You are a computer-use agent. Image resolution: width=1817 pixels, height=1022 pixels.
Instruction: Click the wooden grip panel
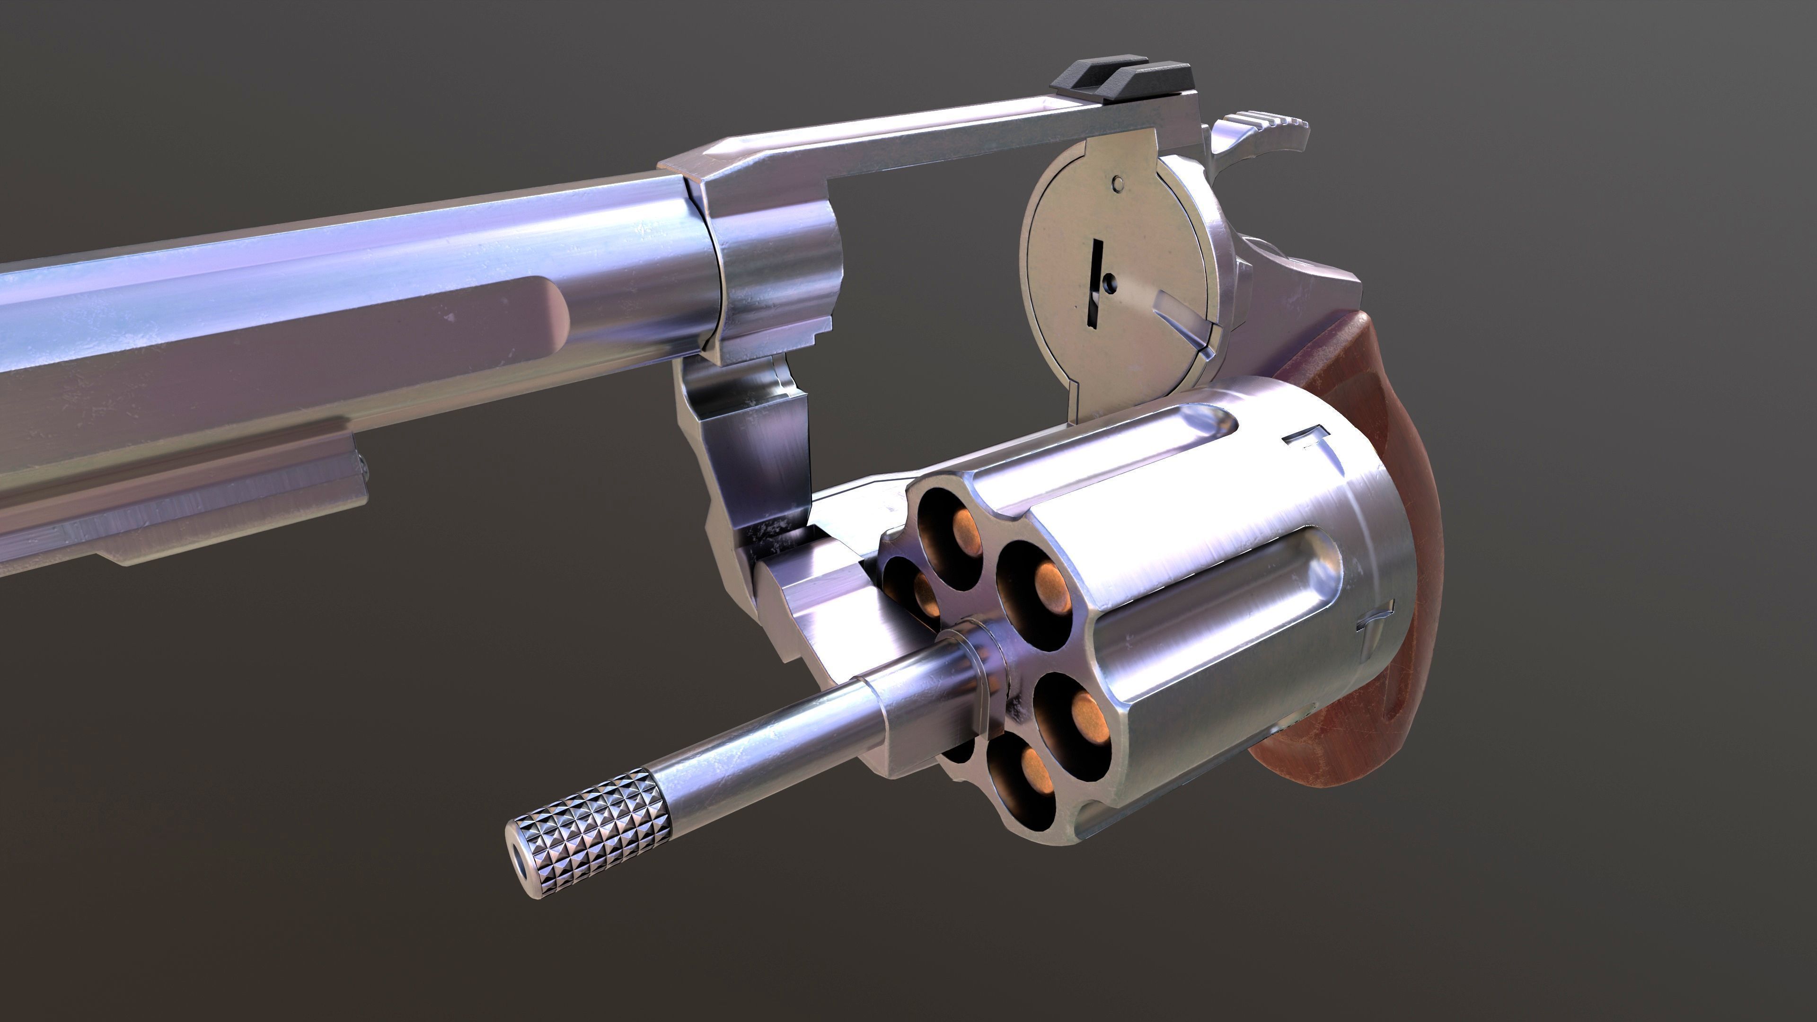1361,564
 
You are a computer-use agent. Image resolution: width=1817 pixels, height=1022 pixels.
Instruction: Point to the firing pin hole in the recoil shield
1111,283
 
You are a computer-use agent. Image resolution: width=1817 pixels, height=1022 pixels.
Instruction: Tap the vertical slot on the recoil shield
1095,282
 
